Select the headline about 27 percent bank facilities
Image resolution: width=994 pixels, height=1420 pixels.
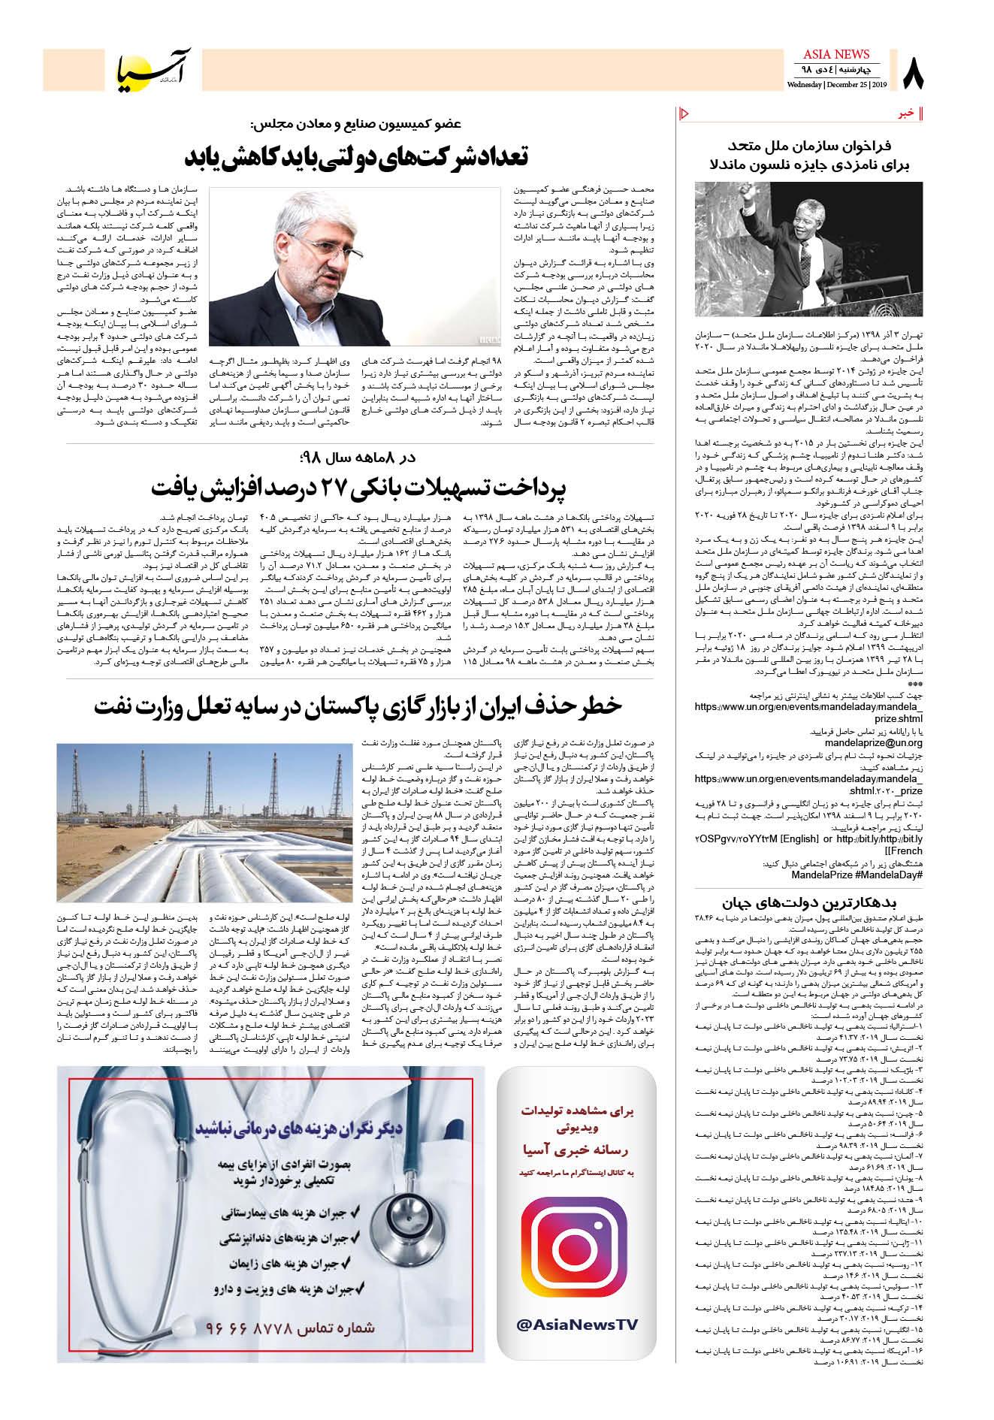359,488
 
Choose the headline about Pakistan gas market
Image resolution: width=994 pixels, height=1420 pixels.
359,708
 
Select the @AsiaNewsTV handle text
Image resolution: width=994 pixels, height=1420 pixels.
577,1325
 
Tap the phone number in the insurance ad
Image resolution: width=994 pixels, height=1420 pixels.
289,1327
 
